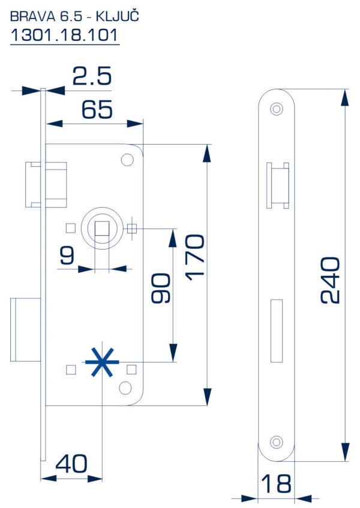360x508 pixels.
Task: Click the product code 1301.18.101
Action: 64,35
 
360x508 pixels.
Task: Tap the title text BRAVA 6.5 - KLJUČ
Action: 74,17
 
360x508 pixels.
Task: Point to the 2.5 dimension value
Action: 92,76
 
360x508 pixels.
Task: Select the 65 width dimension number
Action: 97,109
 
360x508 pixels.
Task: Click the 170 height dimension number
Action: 195,257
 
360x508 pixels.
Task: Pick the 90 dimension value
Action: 161,288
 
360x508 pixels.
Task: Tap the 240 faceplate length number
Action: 330,281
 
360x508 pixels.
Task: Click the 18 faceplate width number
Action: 276,484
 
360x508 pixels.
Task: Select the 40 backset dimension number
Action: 71,463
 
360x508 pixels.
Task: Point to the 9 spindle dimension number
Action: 67,255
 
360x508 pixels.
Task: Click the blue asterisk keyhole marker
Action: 102,362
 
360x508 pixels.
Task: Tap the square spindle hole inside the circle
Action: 102,229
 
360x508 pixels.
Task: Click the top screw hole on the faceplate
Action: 277,109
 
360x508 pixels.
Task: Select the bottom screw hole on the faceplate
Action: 277,442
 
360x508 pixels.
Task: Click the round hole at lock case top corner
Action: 127,160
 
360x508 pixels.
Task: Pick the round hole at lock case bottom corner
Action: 125,388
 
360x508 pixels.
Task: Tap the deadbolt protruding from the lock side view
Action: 26,329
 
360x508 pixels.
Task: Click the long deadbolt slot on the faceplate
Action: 277,331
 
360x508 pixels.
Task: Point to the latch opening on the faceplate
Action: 278,185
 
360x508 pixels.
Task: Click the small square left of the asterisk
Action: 71,369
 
